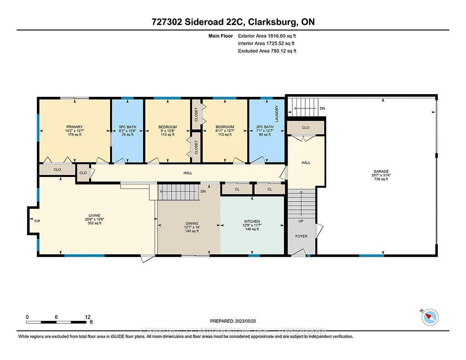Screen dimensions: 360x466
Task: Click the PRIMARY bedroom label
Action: coord(74,127)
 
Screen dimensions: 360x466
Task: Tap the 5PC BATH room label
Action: coord(127,127)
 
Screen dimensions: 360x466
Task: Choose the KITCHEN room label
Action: coord(252,221)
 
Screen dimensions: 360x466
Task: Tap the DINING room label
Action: coord(192,223)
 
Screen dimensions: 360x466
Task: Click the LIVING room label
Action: coord(94,215)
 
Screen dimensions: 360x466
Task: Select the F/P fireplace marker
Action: coord(37,221)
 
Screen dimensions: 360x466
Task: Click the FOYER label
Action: coord(301,236)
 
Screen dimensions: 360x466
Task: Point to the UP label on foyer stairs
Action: coord(301,221)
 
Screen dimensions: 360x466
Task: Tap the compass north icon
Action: coord(430,317)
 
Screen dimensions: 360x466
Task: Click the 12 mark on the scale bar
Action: coord(88,317)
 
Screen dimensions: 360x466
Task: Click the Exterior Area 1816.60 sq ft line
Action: coord(270,35)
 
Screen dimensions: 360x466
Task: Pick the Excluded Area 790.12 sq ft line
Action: coord(267,51)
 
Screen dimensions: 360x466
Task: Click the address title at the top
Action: coord(233,22)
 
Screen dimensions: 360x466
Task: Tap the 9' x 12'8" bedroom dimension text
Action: coord(167,131)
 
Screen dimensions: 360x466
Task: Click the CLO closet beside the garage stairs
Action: coord(305,127)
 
